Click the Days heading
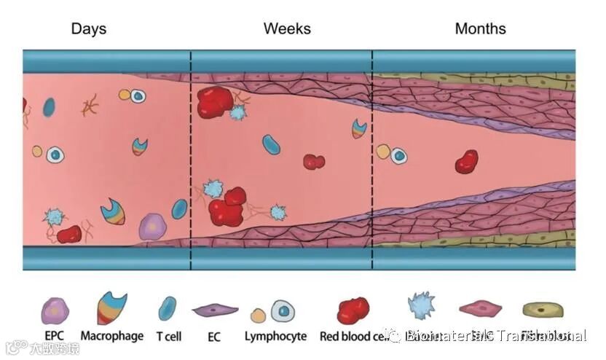88,29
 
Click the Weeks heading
287,29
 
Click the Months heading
480,29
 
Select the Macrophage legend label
111,337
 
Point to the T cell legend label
169,337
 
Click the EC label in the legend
215,337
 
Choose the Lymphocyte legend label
275,337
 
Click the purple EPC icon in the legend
55,310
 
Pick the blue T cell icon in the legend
167,308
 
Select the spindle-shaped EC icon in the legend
215,311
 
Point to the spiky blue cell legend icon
421,307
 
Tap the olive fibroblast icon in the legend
543,310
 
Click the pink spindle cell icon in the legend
481,310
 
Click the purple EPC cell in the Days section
152,227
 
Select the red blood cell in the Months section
466,162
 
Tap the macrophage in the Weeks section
359,129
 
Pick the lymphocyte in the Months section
398,155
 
